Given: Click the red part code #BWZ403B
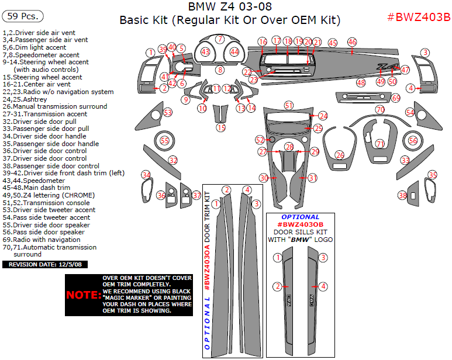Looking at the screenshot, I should [x=419, y=16].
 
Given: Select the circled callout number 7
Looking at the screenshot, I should [x=220, y=39].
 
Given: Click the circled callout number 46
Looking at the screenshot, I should [x=352, y=42].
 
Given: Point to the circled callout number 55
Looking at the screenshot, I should [x=165, y=140].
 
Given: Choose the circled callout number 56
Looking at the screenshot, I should [x=413, y=140].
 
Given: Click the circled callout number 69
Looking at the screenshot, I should [x=396, y=98].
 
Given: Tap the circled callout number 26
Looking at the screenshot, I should [x=340, y=155].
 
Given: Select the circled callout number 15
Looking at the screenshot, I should [x=220, y=127].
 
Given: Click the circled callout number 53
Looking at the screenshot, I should [x=168, y=112].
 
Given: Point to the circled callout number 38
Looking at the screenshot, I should [x=402, y=195].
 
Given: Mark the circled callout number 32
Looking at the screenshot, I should [x=173, y=160].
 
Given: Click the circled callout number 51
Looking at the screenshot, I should [x=289, y=105].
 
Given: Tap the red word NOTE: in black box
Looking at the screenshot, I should [x=82, y=295].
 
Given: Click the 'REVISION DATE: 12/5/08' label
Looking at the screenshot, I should [x=45, y=265].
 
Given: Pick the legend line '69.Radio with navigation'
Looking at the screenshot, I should [x=43, y=240].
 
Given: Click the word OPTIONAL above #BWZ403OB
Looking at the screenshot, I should [x=301, y=217].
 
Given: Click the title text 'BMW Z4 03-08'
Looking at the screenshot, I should [x=230, y=7].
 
